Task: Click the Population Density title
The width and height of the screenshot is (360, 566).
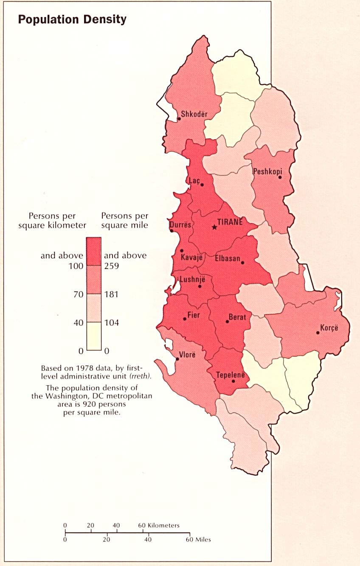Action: pos(72,20)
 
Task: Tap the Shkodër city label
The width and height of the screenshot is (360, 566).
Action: pos(194,114)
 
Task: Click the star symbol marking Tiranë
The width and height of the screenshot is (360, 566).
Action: pos(214,227)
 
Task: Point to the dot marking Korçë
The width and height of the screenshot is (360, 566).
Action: pos(318,333)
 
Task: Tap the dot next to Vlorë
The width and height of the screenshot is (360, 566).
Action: pos(177,359)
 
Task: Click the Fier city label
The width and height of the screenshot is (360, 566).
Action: pos(193,315)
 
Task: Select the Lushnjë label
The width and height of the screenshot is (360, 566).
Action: pos(193,279)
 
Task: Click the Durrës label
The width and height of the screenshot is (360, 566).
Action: pos(180,225)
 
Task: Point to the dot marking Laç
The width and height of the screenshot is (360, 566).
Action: pos(202,185)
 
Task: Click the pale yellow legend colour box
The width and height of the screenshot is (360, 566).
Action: pos(94,336)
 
